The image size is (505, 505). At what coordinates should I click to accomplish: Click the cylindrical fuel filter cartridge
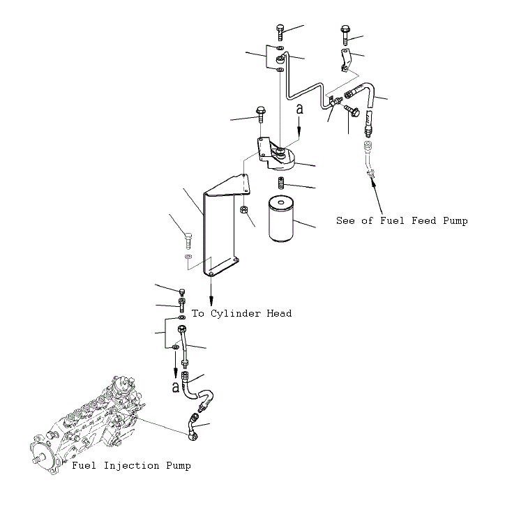(281, 219)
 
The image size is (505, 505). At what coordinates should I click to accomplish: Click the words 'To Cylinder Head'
(241, 313)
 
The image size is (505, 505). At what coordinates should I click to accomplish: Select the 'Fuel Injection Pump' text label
(131, 466)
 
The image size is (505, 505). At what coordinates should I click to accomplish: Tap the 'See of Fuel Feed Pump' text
(402, 221)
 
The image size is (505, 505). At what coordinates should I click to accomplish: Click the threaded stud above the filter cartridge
(281, 183)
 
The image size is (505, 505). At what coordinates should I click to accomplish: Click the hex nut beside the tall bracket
(244, 210)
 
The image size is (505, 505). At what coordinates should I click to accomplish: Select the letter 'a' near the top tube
(300, 110)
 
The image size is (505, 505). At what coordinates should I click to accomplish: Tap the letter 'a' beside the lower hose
(175, 387)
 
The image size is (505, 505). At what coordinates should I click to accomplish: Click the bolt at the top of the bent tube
(280, 32)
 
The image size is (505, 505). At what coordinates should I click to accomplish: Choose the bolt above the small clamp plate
(345, 35)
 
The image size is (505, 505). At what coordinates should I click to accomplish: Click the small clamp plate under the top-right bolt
(345, 60)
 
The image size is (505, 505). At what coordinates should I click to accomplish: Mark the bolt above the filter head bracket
(261, 114)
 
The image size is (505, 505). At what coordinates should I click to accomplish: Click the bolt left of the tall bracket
(188, 241)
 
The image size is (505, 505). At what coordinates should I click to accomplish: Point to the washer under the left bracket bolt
(188, 257)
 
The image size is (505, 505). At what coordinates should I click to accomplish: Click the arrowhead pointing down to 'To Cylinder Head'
(211, 301)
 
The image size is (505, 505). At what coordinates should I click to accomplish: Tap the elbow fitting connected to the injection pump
(194, 428)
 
